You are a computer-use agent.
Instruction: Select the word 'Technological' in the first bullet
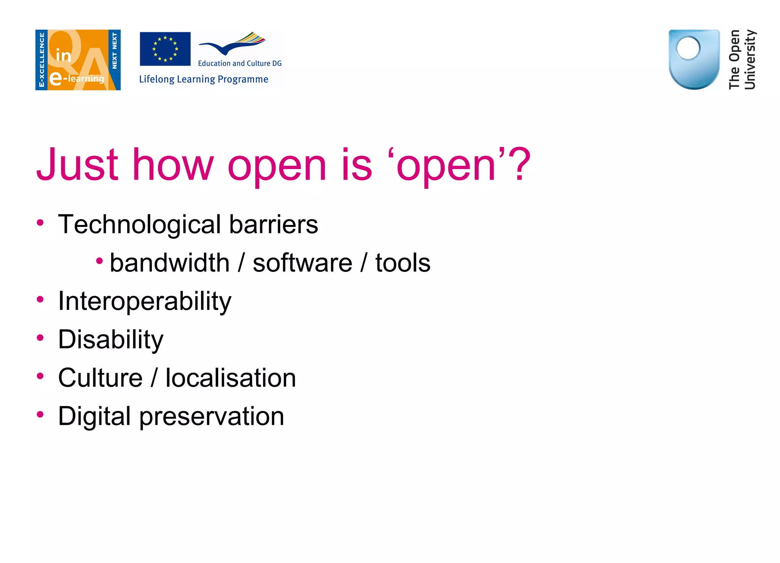click(x=139, y=225)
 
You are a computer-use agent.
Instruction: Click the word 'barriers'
click(x=273, y=225)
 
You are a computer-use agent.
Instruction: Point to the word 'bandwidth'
click(x=169, y=263)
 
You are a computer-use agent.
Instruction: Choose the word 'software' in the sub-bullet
click(x=302, y=263)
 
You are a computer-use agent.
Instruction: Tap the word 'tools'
click(x=403, y=263)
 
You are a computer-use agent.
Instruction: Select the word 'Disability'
click(x=110, y=340)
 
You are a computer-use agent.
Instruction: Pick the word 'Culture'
click(x=100, y=378)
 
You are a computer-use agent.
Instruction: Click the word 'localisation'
click(x=230, y=378)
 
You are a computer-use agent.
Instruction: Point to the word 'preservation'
click(x=211, y=416)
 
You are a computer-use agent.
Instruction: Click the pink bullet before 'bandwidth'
click(x=99, y=261)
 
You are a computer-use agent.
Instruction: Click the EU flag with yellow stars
click(x=165, y=49)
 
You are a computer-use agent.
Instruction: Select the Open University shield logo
click(x=694, y=59)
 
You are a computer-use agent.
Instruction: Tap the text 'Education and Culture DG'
click(x=240, y=64)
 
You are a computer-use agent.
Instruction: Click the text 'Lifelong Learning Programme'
click(x=203, y=79)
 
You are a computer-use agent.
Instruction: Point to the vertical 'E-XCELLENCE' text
click(x=42, y=60)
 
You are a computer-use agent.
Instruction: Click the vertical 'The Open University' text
click(x=742, y=60)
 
